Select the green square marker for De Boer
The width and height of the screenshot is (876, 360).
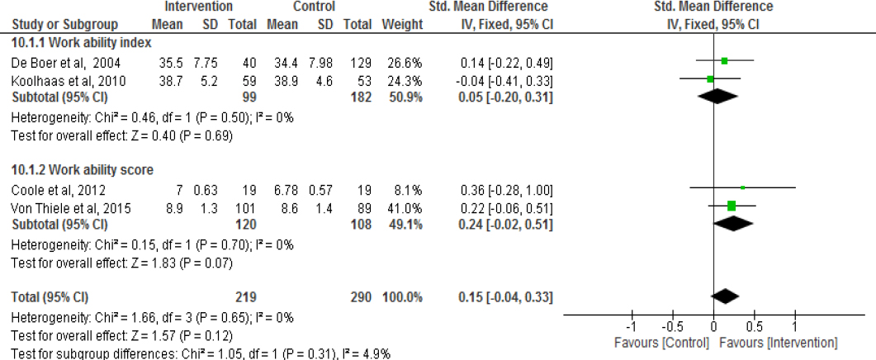point(724,60)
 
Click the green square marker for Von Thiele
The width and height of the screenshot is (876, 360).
point(732,206)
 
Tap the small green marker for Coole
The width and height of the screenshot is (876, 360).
point(742,188)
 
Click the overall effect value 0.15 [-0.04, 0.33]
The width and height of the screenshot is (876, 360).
point(506,296)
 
